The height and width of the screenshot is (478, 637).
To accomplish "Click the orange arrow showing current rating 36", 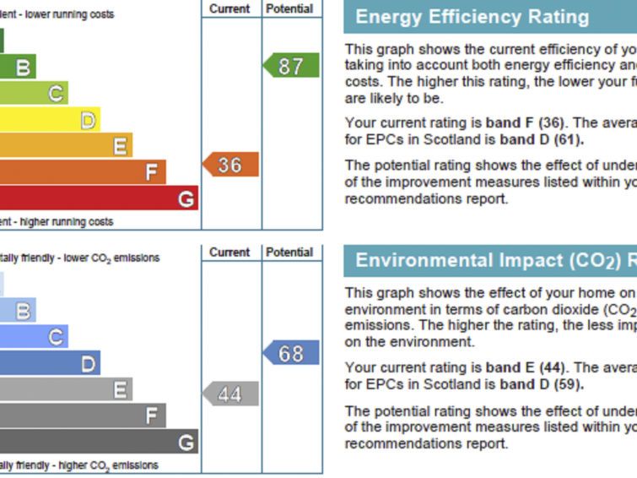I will point(229,165).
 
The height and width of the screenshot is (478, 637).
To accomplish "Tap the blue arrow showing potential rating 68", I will point(291,353).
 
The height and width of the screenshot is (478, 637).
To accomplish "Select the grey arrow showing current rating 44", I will point(229,394).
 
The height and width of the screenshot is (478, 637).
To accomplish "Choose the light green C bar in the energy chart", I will point(34,93).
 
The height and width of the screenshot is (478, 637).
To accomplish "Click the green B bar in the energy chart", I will point(18,67).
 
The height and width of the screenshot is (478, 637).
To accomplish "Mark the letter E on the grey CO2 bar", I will point(121,389).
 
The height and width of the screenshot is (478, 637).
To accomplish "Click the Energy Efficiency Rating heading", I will point(472,17).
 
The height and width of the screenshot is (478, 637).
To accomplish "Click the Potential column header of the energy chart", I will point(289,8).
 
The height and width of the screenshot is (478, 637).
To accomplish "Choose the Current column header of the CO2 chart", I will point(229,253).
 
